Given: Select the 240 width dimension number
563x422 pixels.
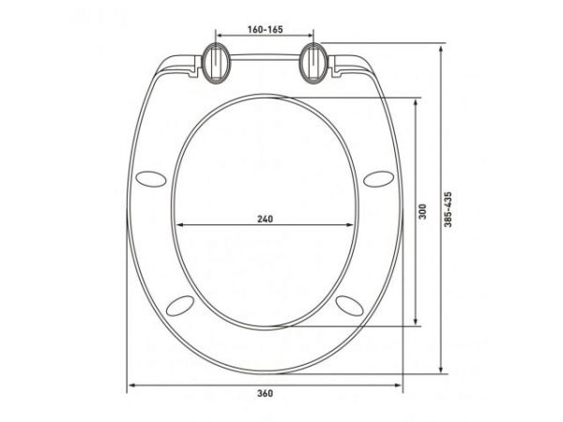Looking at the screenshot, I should tap(265, 219).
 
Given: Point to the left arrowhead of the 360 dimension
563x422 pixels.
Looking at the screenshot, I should tap(131, 384).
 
